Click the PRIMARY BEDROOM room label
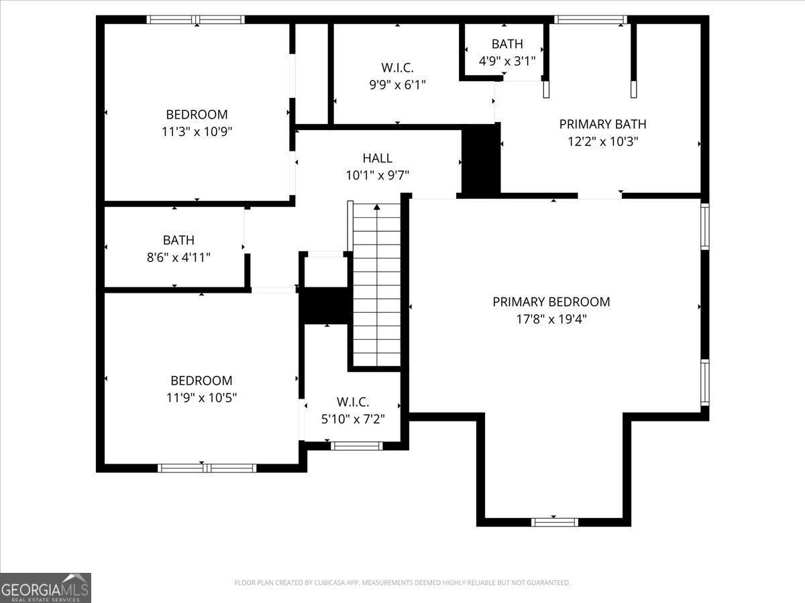551,302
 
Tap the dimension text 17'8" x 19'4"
551,320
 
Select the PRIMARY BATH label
602,124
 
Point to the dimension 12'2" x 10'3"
602,141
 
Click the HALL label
377,158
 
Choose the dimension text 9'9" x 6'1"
397,84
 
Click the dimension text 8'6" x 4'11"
178,257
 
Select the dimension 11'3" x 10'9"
197,132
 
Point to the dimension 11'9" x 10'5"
201,397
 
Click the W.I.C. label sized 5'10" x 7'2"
353,402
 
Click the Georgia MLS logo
46,588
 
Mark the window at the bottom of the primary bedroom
554,522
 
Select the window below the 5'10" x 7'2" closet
357,446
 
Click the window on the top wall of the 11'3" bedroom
196,20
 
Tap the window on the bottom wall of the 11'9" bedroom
207,468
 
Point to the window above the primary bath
591,20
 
